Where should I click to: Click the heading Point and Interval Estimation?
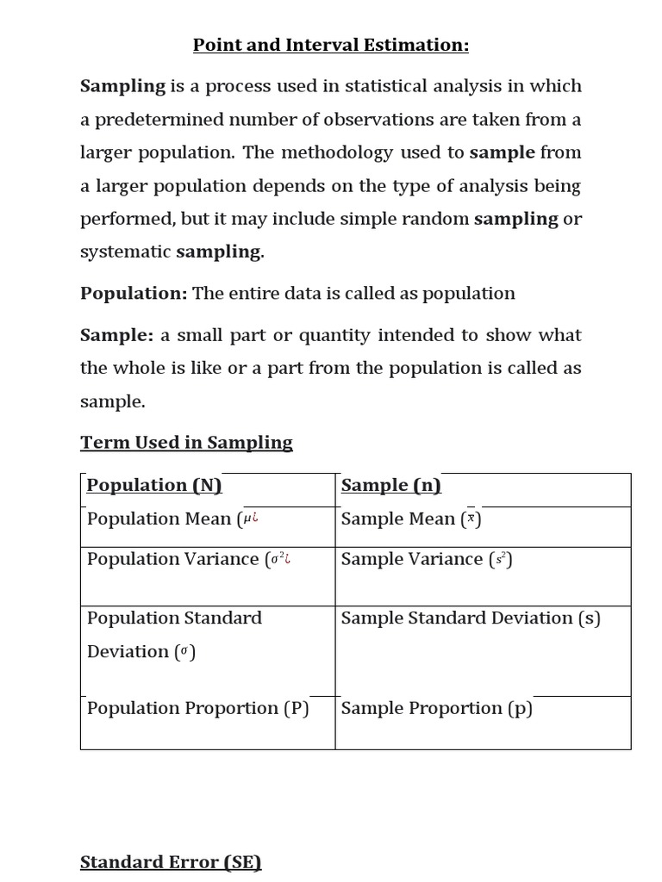pyautogui.click(x=331, y=45)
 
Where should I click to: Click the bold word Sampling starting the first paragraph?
pyautogui.click(x=122, y=86)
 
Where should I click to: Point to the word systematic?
pyautogui.click(x=126, y=252)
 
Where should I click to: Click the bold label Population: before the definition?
pyautogui.click(x=134, y=294)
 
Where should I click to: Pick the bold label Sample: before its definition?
pyautogui.click(x=116, y=335)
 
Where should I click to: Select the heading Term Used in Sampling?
pyautogui.click(x=186, y=443)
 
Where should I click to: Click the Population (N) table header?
pyautogui.click(x=154, y=485)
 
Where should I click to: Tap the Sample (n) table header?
pyautogui.click(x=390, y=485)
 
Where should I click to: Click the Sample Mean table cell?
pyautogui.click(x=410, y=519)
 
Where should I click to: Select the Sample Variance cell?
pyautogui.click(x=426, y=559)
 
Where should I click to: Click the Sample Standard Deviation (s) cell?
pyautogui.click(x=471, y=618)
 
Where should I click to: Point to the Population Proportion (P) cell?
pyautogui.click(x=197, y=708)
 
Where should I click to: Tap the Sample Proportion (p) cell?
pyautogui.click(x=436, y=708)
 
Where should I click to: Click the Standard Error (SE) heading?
pyautogui.click(x=171, y=862)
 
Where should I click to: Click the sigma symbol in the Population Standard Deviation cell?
pyautogui.click(x=184, y=652)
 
